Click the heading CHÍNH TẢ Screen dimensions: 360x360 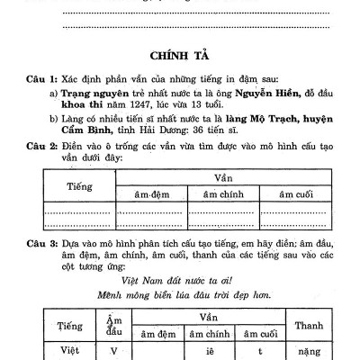coord(180,54)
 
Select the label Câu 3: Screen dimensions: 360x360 coord(41,244)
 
